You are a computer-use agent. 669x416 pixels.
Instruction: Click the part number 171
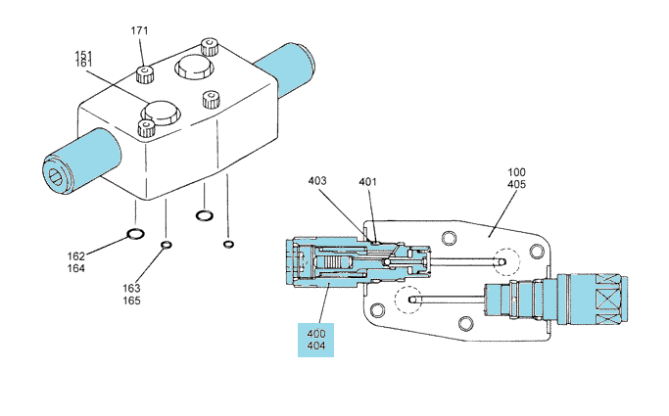point(139,30)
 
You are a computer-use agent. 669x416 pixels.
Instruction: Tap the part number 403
point(317,181)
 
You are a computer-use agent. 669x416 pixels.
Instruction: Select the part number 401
point(367,182)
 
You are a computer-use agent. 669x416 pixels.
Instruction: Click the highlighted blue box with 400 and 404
point(315,340)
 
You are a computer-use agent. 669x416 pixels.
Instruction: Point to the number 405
point(516,185)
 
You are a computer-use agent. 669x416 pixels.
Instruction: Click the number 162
point(76,256)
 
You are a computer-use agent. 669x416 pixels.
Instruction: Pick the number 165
point(131,300)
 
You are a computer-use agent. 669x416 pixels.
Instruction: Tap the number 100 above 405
point(516,172)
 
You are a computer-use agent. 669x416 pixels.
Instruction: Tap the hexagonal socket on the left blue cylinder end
point(56,176)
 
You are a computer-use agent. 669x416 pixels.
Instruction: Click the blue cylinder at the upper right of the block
point(285,69)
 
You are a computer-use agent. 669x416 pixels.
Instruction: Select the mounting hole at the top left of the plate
point(449,238)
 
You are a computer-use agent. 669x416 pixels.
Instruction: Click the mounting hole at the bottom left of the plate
point(377,310)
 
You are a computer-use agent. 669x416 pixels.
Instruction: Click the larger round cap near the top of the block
point(194,67)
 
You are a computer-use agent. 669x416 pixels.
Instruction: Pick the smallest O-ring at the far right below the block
point(228,244)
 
